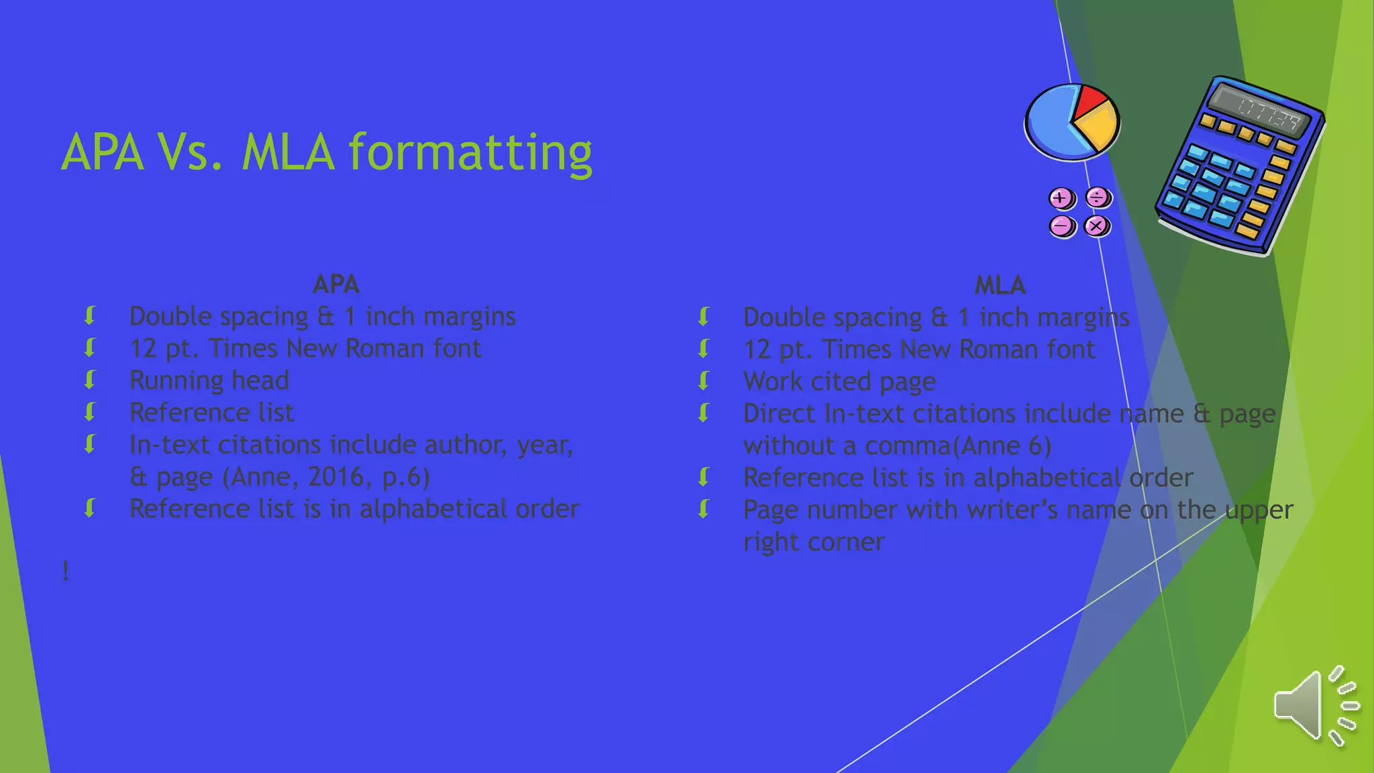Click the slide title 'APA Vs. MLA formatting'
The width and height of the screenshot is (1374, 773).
[x=326, y=153]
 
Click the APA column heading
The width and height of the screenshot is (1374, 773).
[x=335, y=285]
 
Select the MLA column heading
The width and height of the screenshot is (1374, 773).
[x=1000, y=286]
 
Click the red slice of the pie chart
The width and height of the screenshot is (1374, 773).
[x=1088, y=99]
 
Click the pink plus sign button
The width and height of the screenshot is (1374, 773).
[x=1061, y=199]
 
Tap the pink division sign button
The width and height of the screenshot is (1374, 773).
[x=1098, y=198]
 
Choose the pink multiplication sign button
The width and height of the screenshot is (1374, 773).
[x=1097, y=226]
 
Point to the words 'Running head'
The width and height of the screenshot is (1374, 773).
[x=209, y=380]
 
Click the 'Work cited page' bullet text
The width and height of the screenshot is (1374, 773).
[x=839, y=382]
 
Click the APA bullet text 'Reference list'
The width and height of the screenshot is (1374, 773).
[x=211, y=413]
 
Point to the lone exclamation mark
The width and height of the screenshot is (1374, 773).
[x=65, y=572]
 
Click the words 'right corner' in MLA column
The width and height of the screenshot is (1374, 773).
[x=814, y=542]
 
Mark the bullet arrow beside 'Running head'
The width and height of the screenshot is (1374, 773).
[x=90, y=380]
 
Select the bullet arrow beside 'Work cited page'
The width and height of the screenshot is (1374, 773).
[x=704, y=381]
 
